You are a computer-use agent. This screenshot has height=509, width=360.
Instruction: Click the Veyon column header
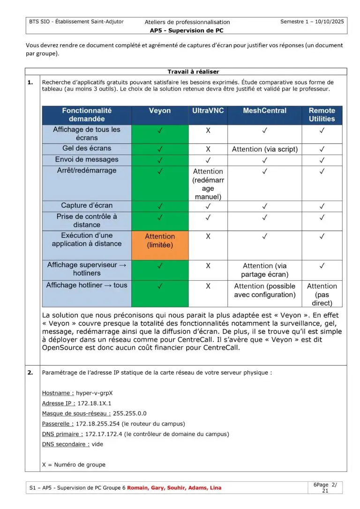click(160, 111)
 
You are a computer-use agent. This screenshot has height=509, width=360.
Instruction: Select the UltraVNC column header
click(208, 111)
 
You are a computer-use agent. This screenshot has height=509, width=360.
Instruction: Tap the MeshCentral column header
click(264, 111)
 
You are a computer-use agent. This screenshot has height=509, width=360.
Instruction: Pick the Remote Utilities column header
click(322, 115)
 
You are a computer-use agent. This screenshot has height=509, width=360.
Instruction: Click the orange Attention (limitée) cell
click(160, 240)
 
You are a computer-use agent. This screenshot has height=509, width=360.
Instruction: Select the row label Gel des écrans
click(87, 148)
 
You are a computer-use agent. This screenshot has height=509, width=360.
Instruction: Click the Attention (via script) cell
click(264, 149)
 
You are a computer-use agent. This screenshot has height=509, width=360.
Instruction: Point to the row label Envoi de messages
click(87, 159)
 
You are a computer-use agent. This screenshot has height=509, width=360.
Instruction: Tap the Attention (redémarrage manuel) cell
click(208, 184)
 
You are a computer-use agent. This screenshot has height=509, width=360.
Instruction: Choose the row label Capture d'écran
click(87, 205)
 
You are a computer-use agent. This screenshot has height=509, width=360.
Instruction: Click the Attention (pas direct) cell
click(322, 294)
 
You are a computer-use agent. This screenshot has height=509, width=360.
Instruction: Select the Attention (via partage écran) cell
click(264, 270)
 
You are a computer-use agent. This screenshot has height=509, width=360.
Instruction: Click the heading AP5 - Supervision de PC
click(187, 30)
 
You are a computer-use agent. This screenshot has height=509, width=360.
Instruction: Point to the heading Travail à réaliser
click(193, 72)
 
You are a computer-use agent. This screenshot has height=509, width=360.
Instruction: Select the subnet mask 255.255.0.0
click(129, 413)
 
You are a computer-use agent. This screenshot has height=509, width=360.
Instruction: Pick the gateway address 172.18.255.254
click(97, 424)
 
